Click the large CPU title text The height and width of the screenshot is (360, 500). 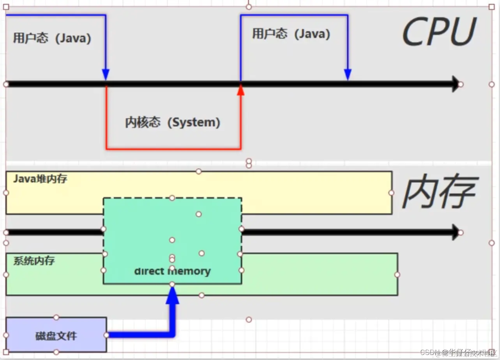point(438,32)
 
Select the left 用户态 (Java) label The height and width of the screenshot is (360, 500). point(52,38)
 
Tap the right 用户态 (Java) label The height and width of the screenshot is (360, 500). point(291,34)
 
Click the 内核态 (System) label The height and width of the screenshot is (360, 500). point(173,122)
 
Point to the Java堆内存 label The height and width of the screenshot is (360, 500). point(40,179)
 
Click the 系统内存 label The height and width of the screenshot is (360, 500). point(34,261)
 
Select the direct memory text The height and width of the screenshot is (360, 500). point(172,271)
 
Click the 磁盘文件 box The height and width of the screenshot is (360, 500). point(56,335)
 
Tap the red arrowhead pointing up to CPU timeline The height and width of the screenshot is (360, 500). point(241,91)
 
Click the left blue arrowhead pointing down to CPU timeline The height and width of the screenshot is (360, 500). point(106,74)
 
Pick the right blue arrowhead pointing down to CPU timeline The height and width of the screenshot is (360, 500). point(348,74)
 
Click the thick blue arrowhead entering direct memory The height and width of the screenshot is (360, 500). point(172,296)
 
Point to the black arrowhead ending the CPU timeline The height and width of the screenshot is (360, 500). point(455,84)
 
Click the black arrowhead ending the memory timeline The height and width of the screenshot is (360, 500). point(455,232)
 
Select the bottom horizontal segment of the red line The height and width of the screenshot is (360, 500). point(173,148)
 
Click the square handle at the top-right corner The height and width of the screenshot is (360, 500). point(491,7)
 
